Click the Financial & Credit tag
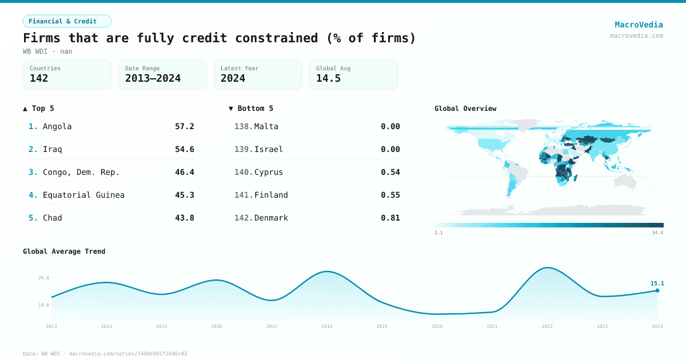coord(67,21)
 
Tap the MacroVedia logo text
coord(639,25)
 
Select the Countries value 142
coord(39,78)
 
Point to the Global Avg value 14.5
coord(328,78)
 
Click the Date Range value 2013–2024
coord(153,78)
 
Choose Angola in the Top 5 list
coord(57,126)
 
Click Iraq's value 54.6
coord(184,149)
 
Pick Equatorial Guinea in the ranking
coord(83,195)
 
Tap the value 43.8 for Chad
coord(184,218)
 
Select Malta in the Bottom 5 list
coord(266,126)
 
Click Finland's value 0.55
coord(390,195)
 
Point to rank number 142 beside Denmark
coord(243,218)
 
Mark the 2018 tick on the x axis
coord(326,326)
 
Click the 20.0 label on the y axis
coord(43,278)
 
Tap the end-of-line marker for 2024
coord(657,290)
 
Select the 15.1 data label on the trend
coord(657,283)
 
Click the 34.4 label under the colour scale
coord(657,233)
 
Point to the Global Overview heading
coord(465,109)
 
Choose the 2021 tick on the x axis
coord(492,326)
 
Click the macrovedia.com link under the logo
coord(636,35)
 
